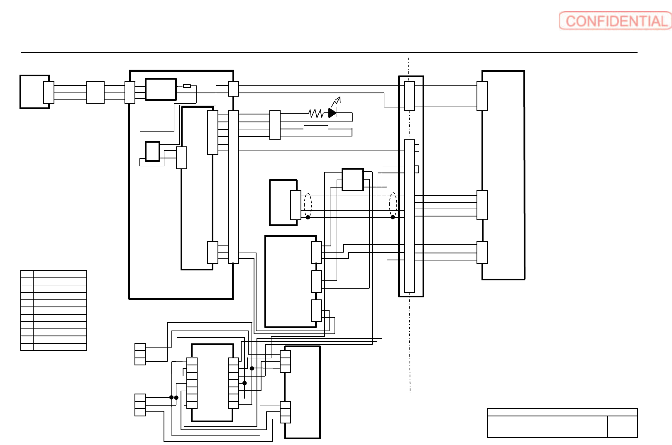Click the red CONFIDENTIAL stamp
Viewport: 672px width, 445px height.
pos(615,21)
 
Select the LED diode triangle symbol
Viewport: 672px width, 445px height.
pos(332,113)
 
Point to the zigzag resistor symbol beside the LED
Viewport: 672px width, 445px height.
pos(316,113)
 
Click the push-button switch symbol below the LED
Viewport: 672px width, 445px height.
pos(316,125)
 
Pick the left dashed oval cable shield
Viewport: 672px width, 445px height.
pos(308,204)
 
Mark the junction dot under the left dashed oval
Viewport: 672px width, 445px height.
pos(308,217)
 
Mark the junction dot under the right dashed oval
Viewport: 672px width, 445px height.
pos(393,217)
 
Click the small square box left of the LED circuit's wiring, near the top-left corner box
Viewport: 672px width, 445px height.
pos(95,92)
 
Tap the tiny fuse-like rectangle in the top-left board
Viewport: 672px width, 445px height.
pos(187,86)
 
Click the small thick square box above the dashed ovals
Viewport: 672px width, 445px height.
pos(353,180)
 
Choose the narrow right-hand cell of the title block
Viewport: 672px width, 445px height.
pos(622,427)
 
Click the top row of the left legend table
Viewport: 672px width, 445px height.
pos(54,274)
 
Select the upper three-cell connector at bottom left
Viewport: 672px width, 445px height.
pos(140,354)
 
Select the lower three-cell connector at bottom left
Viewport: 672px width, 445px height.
pos(140,405)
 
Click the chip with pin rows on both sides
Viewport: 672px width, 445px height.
pos(213,383)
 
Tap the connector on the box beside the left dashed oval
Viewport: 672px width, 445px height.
pos(296,205)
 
